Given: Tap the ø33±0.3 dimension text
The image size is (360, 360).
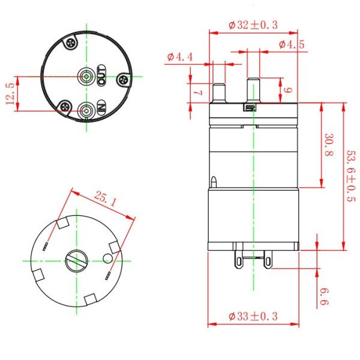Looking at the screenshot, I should (254, 316).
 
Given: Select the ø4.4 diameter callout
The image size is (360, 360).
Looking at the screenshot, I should (180, 57).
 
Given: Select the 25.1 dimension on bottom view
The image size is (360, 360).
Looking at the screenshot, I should (105, 199).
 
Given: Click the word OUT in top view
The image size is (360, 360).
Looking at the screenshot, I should (101, 77).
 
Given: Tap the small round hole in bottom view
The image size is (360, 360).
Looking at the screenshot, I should (107, 258).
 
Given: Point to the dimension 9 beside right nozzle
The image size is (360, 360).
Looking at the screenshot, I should (287, 90).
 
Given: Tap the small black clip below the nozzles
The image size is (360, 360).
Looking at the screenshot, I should (248, 108).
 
